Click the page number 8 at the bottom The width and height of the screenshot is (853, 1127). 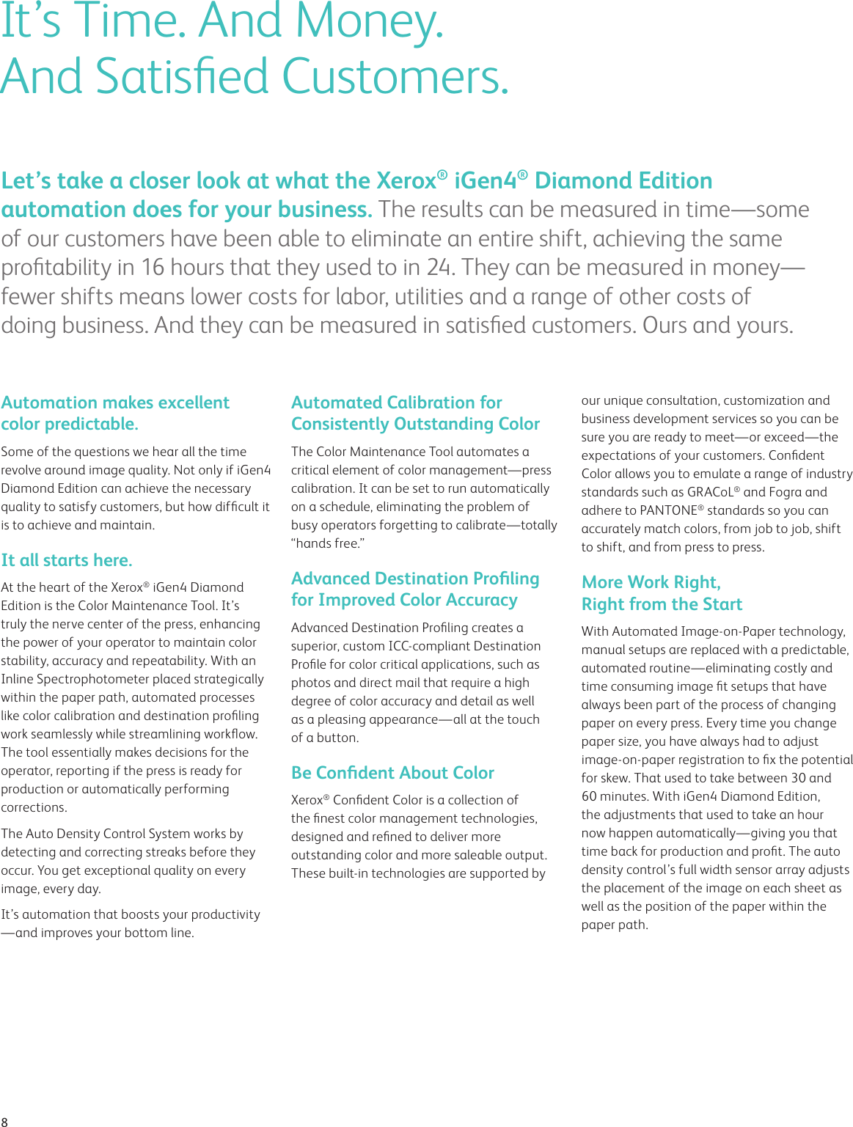pos(4,1121)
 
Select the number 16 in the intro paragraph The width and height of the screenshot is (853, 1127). pos(153,268)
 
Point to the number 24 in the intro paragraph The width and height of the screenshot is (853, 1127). pos(439,268)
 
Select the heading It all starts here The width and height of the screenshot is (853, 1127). pos(67,560)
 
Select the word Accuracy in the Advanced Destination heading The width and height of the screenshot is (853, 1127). pos(481,600)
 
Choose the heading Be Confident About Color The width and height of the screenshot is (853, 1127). pos(392,773)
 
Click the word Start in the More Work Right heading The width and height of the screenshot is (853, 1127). pos(722,604)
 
